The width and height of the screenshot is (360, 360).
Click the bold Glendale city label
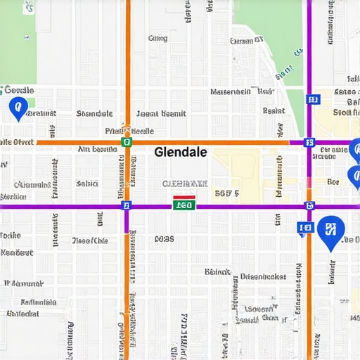click(x=180, y=152)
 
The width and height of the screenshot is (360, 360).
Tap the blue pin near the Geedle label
click(x=17, y=108)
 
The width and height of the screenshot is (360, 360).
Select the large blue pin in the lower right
click(x=330, y=232)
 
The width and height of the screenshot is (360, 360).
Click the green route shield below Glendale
click(x=184, y=205)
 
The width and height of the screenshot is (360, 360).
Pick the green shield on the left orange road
click(x=127, y=141)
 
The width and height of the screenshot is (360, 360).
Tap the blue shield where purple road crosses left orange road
click(x=127, y=205)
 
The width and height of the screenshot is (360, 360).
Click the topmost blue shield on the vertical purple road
click(x=312, y=100)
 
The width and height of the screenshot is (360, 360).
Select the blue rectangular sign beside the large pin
click(x=305, y=227)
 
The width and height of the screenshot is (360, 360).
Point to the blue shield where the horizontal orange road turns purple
click(x=309, y=142)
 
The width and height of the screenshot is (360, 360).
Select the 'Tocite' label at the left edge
click(x=10, y=236)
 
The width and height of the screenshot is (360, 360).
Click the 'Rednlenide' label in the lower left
click(x=39, y=302)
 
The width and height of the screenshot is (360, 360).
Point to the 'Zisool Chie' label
click(x=90, y=240)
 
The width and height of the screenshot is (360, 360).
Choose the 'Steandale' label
click(x=94, y=114)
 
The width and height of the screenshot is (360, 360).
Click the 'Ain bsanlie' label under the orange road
click(x=97, y=149)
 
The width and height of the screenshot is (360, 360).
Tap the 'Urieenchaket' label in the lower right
click(x=263, y=276)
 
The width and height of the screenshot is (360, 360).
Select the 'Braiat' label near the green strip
click(x=274, y=110)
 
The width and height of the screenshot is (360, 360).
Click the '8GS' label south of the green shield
click(x=163, y=239)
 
